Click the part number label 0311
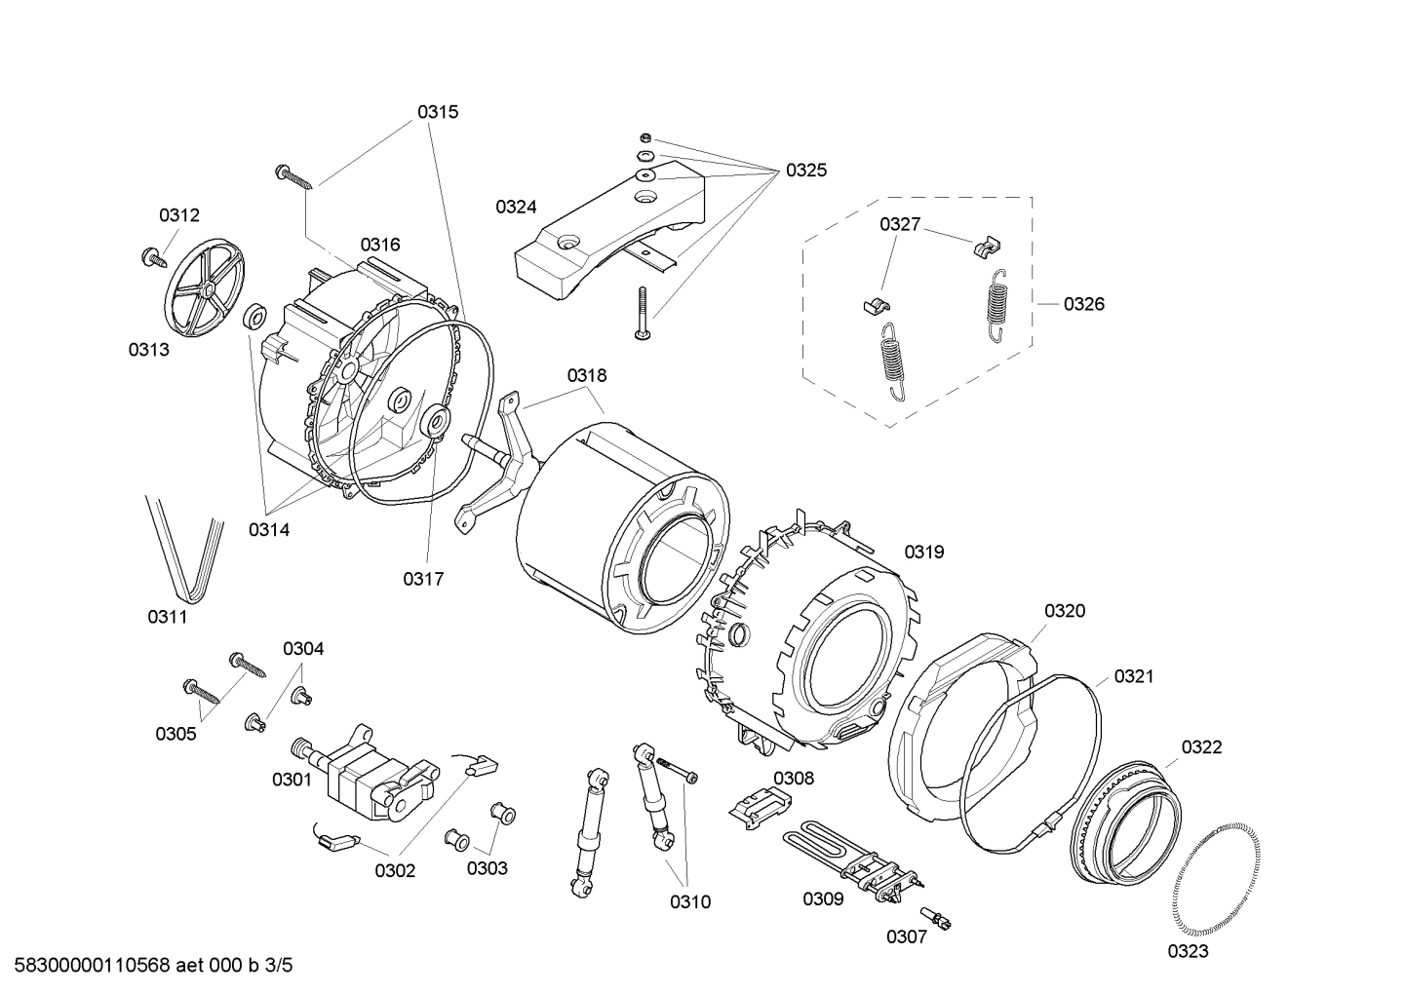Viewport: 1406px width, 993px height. tap(167, 617)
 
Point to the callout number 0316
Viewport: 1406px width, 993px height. tap(379, 245)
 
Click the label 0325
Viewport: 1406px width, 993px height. tap(805, 171)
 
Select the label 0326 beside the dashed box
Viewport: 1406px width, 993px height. tap(1083, 304)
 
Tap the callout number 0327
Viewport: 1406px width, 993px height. tap(899, 224)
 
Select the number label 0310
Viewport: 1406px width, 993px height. tap(689, 901)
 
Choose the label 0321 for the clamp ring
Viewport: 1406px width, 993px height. tap(1133, 675)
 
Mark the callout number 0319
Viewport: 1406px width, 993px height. tap(923, 553)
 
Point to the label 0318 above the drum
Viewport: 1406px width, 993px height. tap(586, 375)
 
